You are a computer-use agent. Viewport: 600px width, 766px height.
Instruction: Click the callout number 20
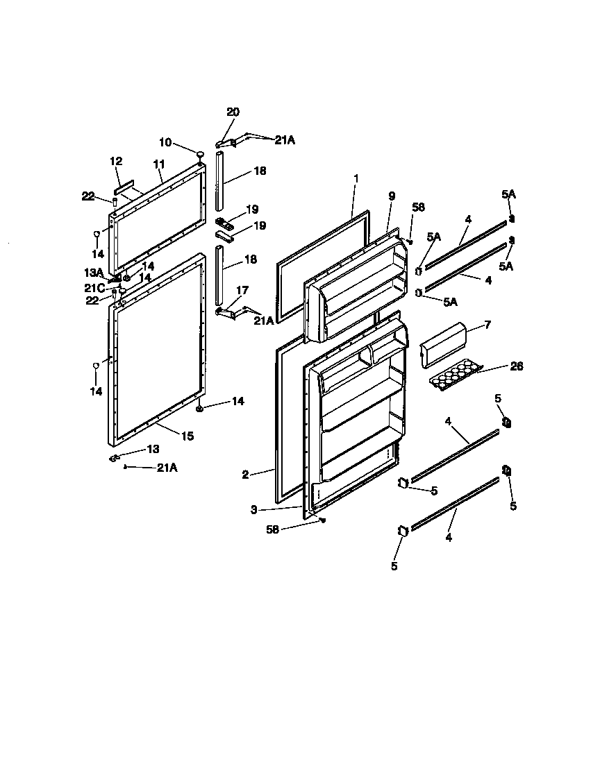pyautogui.click(x=233, y=112)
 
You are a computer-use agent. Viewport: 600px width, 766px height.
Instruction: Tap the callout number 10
pyautogui.click(x=165, y=142)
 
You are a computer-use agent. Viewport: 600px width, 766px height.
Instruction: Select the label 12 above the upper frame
pyautogui.click(x=116, y=161)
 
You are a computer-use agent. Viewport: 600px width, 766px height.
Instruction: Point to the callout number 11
pyautogui.click(x=158, y=164)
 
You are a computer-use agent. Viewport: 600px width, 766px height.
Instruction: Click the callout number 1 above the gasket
pyautogui.click(x=356, y=178)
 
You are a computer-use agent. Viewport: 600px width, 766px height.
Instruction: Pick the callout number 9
pyautogui.click(x=392, y=196)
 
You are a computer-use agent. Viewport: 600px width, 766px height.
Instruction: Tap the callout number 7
pyautogui.click(x=487, y=324)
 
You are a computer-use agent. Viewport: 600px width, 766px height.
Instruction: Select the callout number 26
pyautogui.click(x=517, y=366)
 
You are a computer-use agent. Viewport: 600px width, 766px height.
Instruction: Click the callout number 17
pyautogui.click(x=242, y=291)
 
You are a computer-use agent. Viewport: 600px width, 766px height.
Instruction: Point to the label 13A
pyautogui.click(x=94, y=272)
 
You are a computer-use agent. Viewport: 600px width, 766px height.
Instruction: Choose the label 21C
pyautogui.click(x=94, y=287)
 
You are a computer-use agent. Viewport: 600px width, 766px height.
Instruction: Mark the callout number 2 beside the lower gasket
pyautogui.click(x=245, y=475)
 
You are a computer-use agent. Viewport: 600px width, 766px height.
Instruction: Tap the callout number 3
pyautogui.click(x=254, y=509)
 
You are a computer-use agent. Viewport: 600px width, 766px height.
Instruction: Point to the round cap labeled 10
pyautogui.click(x=200, y=154)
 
